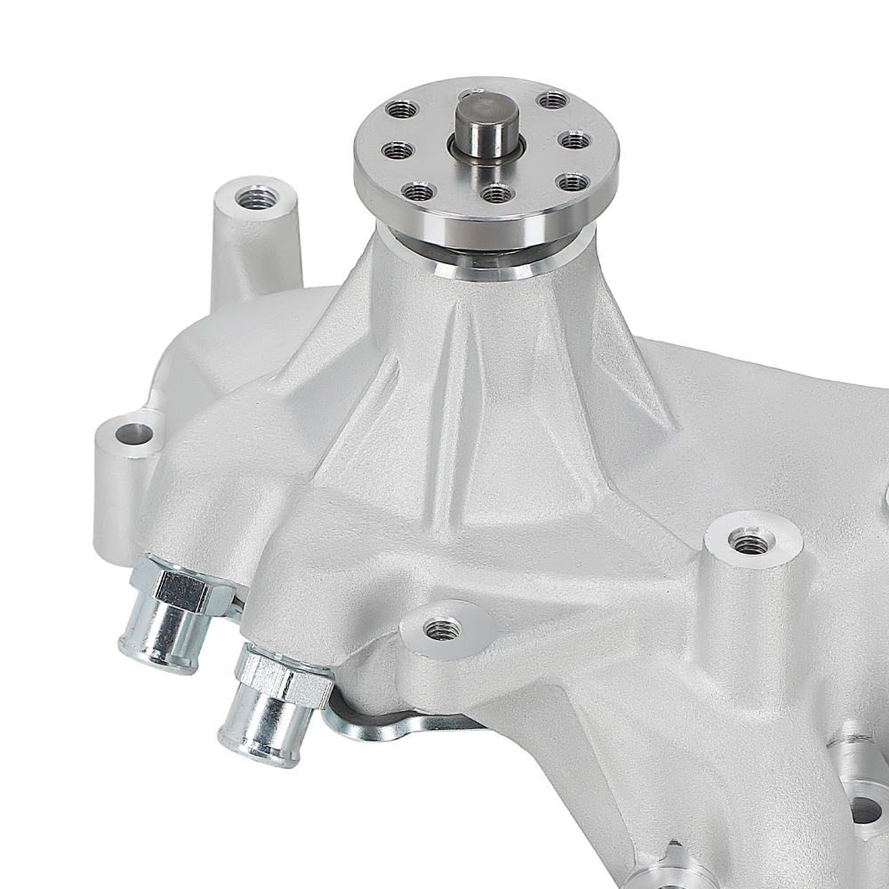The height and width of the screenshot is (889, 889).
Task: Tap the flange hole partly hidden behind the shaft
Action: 469,93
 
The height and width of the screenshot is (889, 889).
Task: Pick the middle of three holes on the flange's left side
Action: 397,149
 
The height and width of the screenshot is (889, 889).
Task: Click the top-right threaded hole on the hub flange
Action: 552,100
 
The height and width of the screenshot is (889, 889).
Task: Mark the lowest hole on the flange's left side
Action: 417,190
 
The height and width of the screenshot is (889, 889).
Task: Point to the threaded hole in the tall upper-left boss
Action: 256,197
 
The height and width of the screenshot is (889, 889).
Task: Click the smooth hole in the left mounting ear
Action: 133,434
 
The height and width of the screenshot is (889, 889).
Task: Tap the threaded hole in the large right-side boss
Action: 750,540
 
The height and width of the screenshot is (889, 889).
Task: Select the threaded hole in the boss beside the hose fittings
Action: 441,629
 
